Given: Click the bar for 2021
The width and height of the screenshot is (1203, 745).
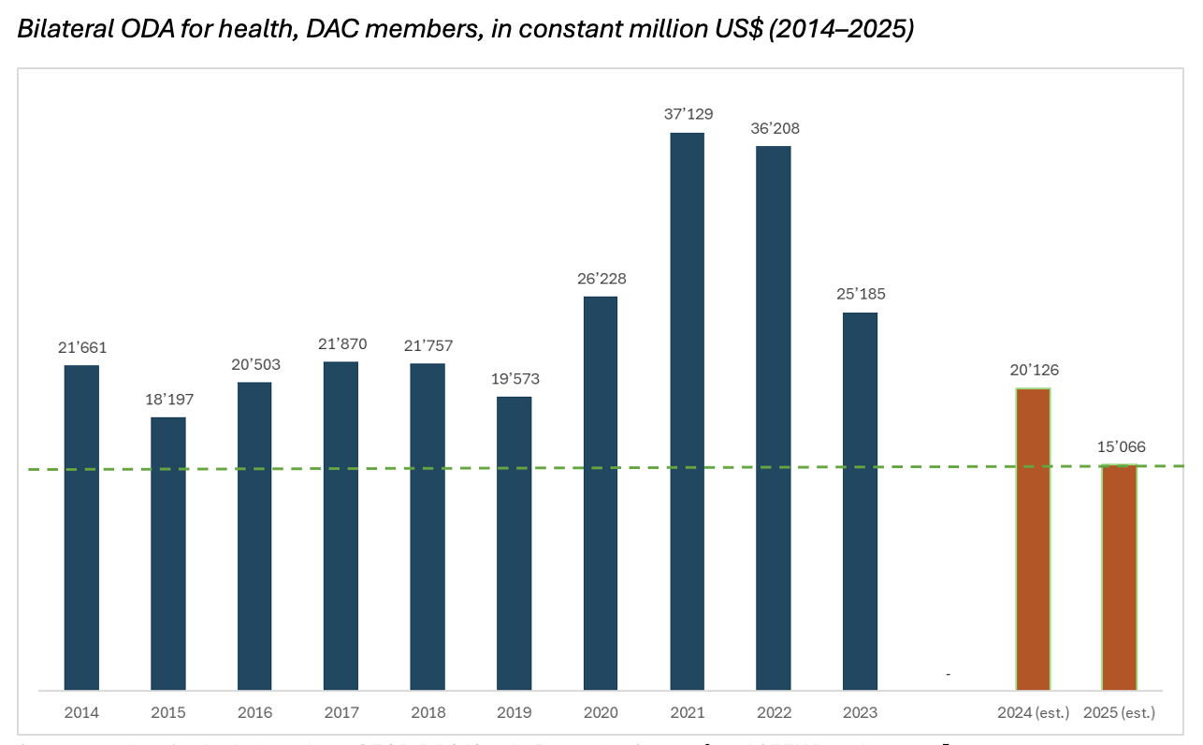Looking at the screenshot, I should (x=687, y=412).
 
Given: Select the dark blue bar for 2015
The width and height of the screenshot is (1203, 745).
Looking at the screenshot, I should (x=168, y=553).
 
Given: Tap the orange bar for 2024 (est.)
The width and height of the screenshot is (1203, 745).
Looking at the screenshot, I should (x=1033, y=539).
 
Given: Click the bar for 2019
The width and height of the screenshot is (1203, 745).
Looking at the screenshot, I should (x=514, y=543).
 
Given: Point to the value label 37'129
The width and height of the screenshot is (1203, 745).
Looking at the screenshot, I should (x=687, y=114).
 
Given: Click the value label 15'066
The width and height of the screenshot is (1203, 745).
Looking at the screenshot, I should (x=1121, y=446).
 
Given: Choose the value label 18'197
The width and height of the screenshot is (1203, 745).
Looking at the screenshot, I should (x=169, y=399).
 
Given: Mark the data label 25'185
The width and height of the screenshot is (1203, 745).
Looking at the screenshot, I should (x=860, y=294).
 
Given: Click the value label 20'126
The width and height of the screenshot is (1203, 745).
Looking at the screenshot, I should (x=1034, y=370).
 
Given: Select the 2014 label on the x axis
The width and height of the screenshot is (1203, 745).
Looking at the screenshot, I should (x=81, y=712).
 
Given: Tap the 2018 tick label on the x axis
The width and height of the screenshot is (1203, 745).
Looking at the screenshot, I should (x=428, y=712).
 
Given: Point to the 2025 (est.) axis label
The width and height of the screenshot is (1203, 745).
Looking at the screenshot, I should (x=1119, y=712).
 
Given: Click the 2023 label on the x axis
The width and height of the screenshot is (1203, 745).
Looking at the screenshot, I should (x=860, y=712).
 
